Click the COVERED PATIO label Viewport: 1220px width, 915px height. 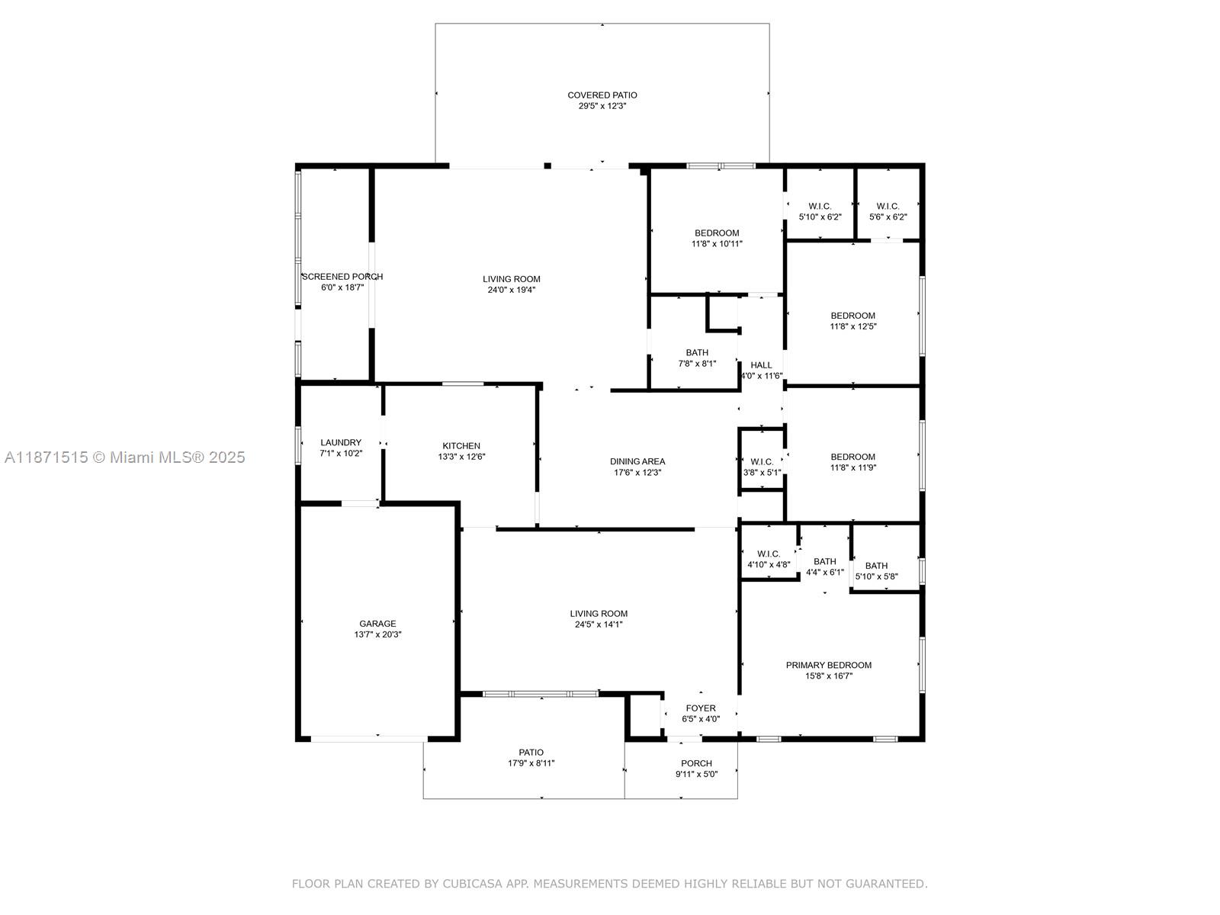click(x=602, y=95)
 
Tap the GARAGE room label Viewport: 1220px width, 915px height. click(x=377, y=623)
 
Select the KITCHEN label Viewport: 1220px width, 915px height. click(x=461, y=445)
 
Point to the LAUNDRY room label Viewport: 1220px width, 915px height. click(x=341, y=442)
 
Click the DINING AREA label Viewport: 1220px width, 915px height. click(x=637, y=461)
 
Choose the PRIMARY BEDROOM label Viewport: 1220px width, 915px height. click(x=829, y=665)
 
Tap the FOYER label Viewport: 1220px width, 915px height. click(x=701, y=708)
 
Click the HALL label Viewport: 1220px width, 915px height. click(x=762, y=365)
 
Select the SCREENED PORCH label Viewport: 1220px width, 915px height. click(x=342, y=276)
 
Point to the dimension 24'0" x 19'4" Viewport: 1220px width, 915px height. click(x=512, y=290)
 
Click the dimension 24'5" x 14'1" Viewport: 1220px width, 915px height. click(x=599, y=624)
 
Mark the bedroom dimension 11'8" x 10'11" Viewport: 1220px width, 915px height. click(x=717, y=243)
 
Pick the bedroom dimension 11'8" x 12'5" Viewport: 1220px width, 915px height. click(x=853, y=326)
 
